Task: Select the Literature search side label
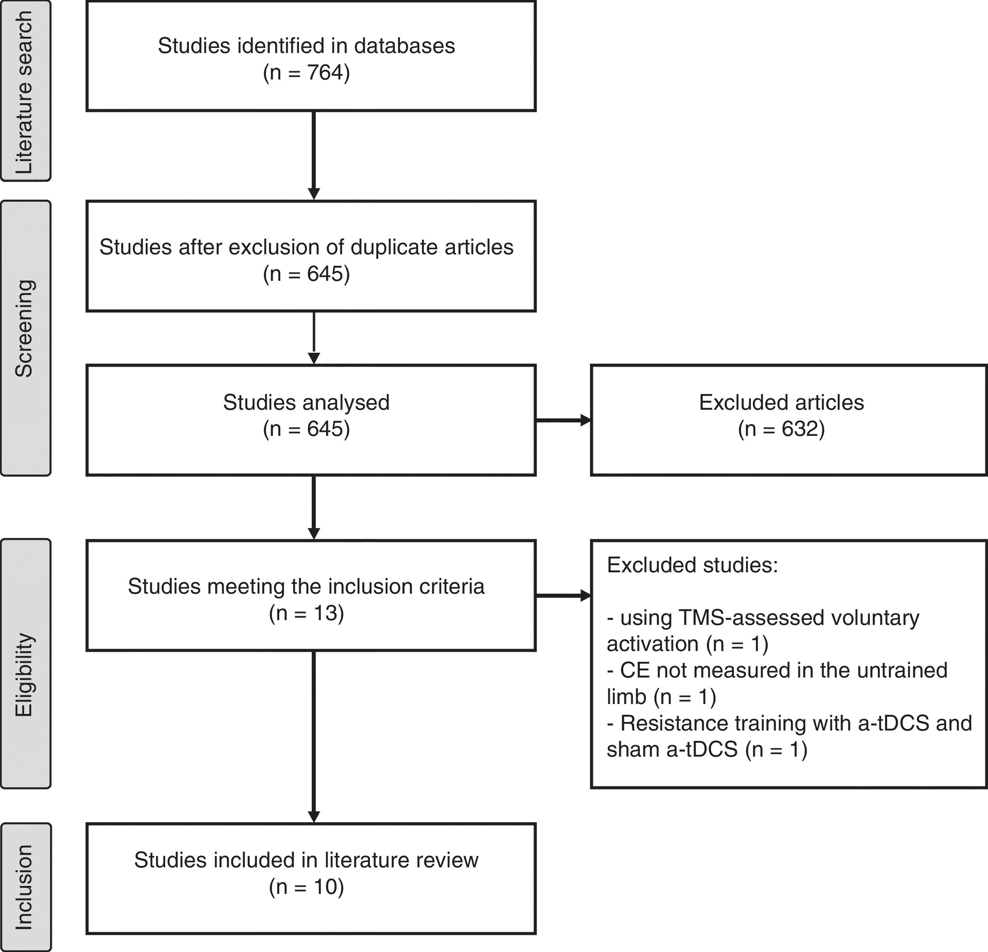pyautogui.click(x=24, y=92)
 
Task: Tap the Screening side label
pyautogui.click(x=24, y=328)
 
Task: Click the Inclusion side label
pyautogui.click(x=24, y=887)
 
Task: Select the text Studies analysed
pyautogui.click(x=306, y=403)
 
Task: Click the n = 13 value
pyautogui.click(x=306, y=613)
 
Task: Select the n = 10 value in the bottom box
pyautogui.click(x=306, y=886)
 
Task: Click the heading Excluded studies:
pyautogui.click(x=692, y=565)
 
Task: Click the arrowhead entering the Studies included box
pyautogui.click(x=313, y=817)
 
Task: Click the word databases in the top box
pyautogui.click(x=404, y=46)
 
